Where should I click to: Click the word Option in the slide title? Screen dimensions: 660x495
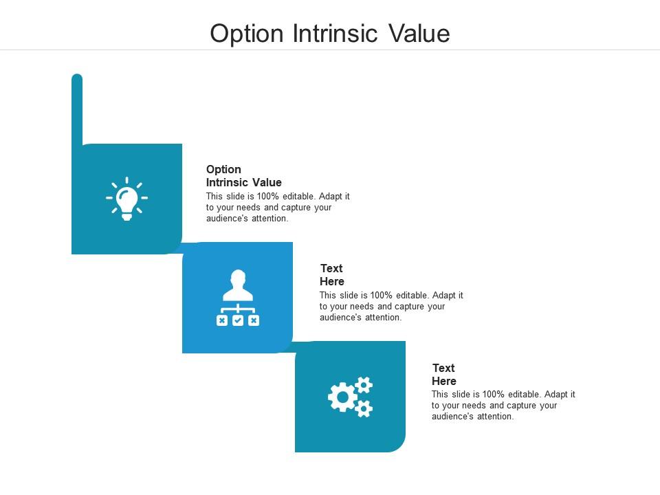(x=247, y=34)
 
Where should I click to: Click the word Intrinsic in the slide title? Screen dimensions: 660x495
(x=335, y=33)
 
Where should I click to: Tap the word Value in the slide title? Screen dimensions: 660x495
(x=419, y=33)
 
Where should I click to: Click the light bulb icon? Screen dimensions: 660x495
(x=126, y=199)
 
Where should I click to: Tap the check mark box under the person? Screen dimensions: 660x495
(x=238, y=321)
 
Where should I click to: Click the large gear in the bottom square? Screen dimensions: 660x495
(x=342, y=397)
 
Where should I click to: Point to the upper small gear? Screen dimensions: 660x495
(x=364, y=385)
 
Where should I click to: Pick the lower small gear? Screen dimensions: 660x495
(x=364, y=408)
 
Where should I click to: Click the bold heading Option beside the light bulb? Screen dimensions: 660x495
(x=223, y=170)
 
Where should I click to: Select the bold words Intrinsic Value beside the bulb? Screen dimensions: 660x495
(x=243, y=182)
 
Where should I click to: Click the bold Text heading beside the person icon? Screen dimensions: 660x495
(x=331, y=268)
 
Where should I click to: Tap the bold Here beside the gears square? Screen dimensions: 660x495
(x=444, y=381)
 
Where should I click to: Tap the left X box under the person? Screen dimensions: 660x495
(x=222, y=321)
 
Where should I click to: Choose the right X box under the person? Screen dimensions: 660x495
(x=254, y=321)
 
